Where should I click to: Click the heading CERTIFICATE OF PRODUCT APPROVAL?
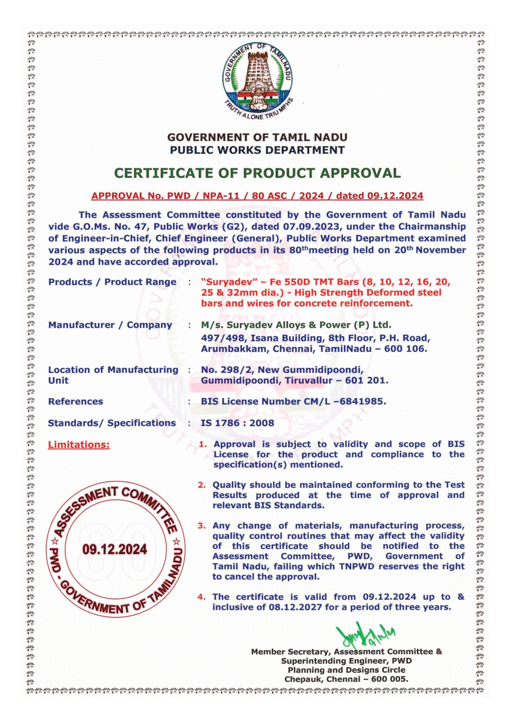pyautogui.click(x=257, y=173)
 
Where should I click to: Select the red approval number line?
pyautogui.click(x=257, y=196)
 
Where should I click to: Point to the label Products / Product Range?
pyautogui.click(x=112, y=282)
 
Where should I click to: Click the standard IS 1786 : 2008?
pyautogui.click(x=237, y=423)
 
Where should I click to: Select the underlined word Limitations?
pyautogui.click(x=79, y=445)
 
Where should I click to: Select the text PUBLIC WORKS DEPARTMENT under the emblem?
pyautogui.click(x=257, y=150)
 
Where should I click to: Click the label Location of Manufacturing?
pyautogui.click(x=113, y=369)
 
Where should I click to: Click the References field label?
pyautogui.click(x=76, y=402)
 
